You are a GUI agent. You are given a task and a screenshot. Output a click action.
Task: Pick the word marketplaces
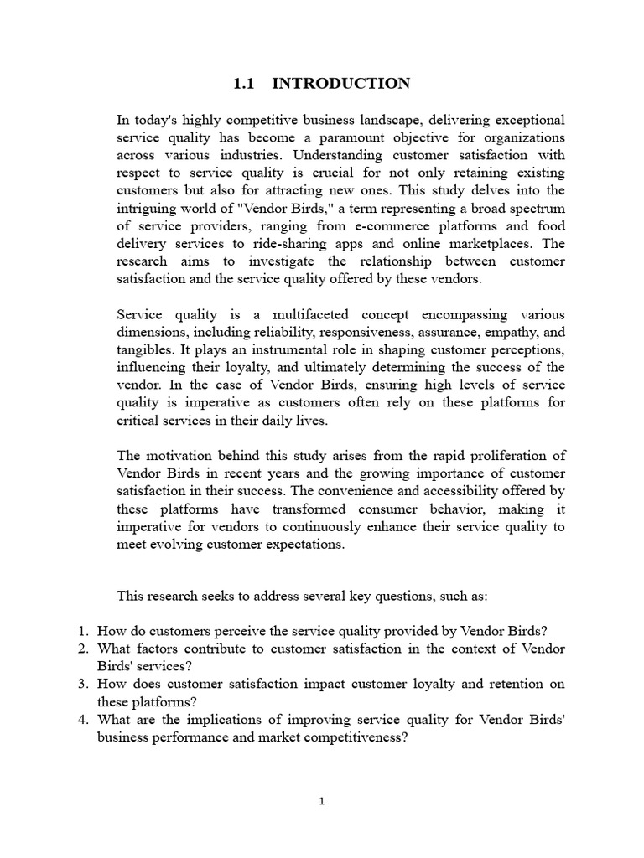coord(494,244)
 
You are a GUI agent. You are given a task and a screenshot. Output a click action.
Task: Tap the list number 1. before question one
coord(83,631)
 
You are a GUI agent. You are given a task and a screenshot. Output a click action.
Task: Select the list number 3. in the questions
coord(83,684)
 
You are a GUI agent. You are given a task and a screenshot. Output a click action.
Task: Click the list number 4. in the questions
coord(83,719)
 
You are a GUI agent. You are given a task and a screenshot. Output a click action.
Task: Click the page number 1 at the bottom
coord(321,801)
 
